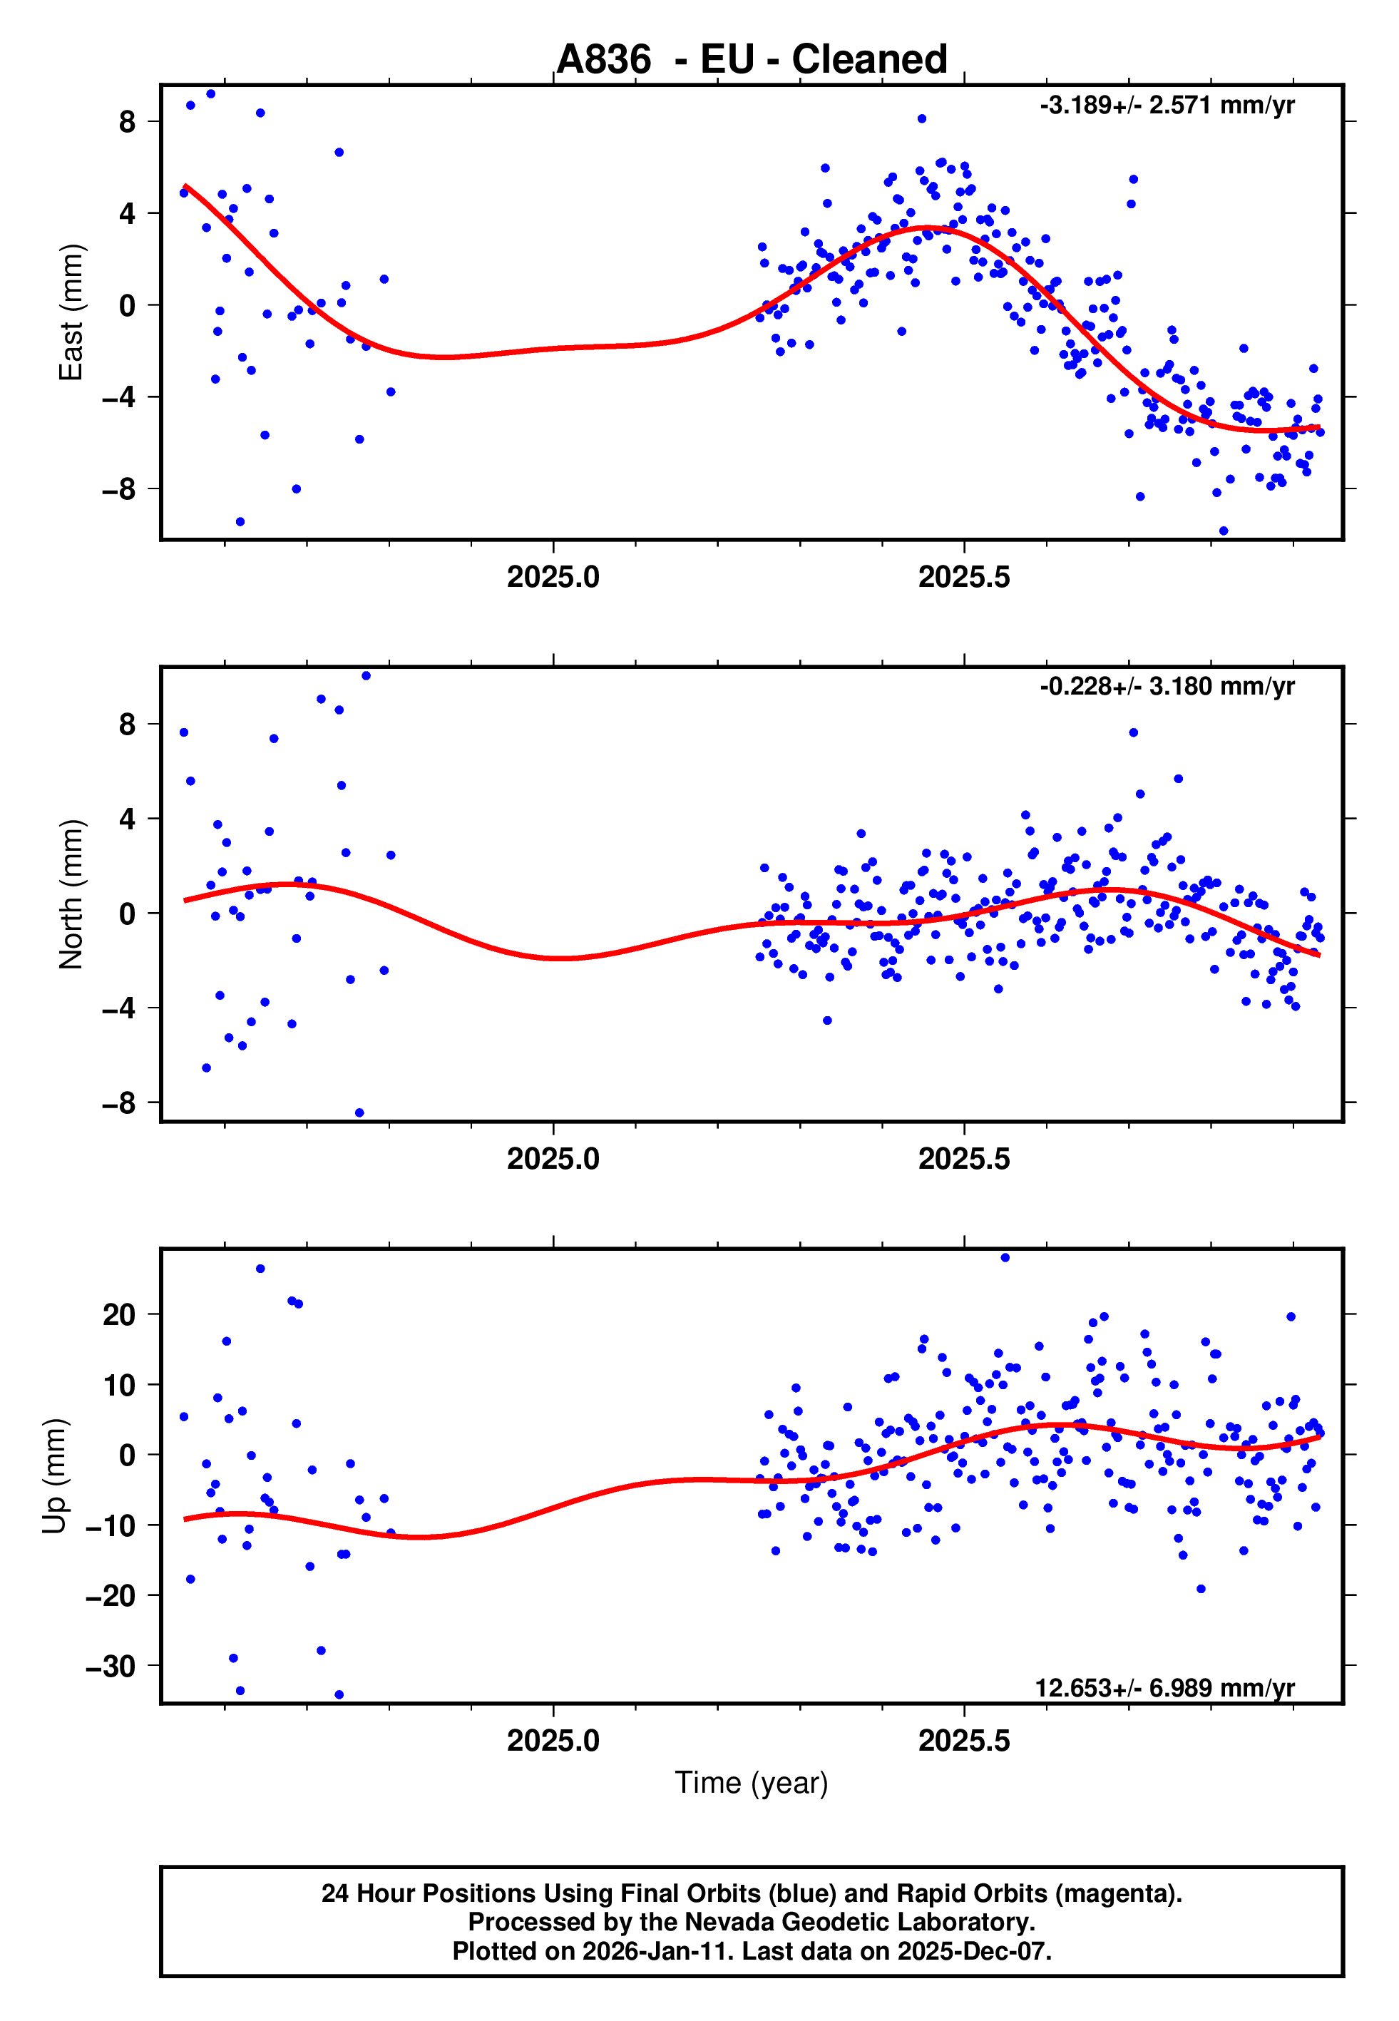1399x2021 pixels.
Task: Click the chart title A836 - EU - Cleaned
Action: pos(752,60)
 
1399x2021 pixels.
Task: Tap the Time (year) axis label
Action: pos(752,1783)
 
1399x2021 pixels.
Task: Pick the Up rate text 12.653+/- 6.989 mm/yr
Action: pos(1165,1688)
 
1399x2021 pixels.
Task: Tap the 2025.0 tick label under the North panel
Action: pos(553,1159)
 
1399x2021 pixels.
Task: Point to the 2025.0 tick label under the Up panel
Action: pos(553,1741)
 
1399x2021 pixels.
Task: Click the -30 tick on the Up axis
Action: pos(111,1666)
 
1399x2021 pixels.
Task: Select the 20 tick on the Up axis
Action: pos(119,1314)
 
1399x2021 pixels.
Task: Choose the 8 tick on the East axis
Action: pos(128,122)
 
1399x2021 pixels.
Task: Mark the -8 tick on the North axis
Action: pos(119,1103)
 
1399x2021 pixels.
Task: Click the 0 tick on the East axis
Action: pos(128,306)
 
